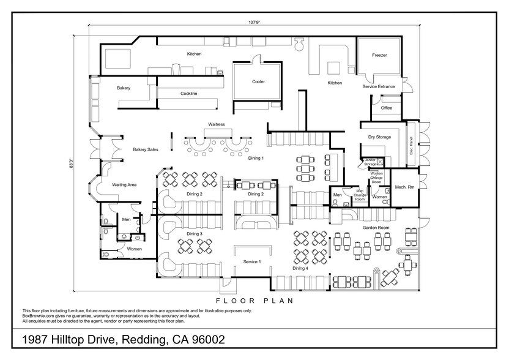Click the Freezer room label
coord(379,55)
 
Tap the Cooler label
coord(258,81)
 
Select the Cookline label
coord(188,94)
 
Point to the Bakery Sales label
coord(146,149)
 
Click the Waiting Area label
coord(124,184)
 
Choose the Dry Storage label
coord(379,137)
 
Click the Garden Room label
coord(376,227)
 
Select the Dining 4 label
coord(300,268)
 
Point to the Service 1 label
coord(252,261)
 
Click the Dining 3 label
coord(195,234)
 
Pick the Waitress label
coord(217,124)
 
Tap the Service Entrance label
coord(379,86)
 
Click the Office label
coord(387,108)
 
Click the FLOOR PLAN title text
coord(254,301)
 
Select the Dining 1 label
coord(256,159)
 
